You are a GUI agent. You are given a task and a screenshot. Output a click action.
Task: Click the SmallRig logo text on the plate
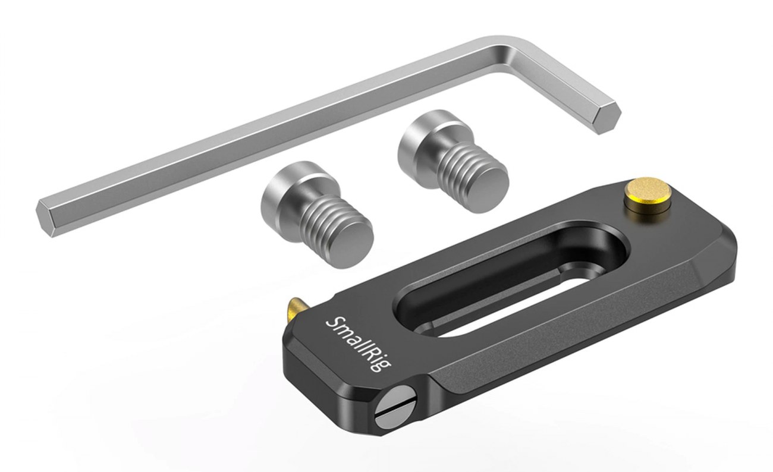coord(358,344)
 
